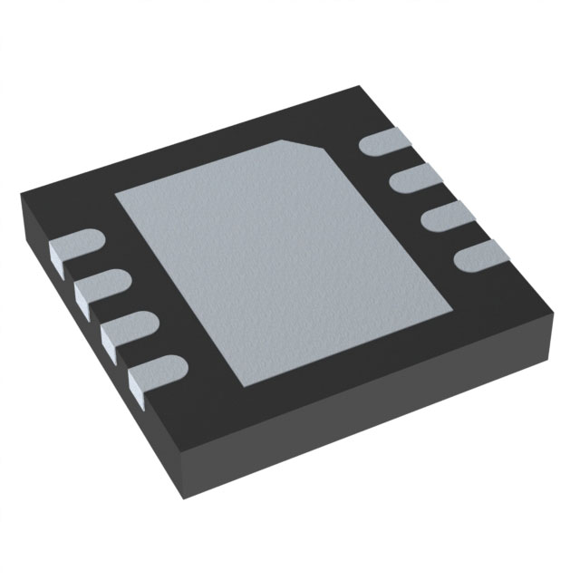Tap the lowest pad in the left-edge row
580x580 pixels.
point(154,372)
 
